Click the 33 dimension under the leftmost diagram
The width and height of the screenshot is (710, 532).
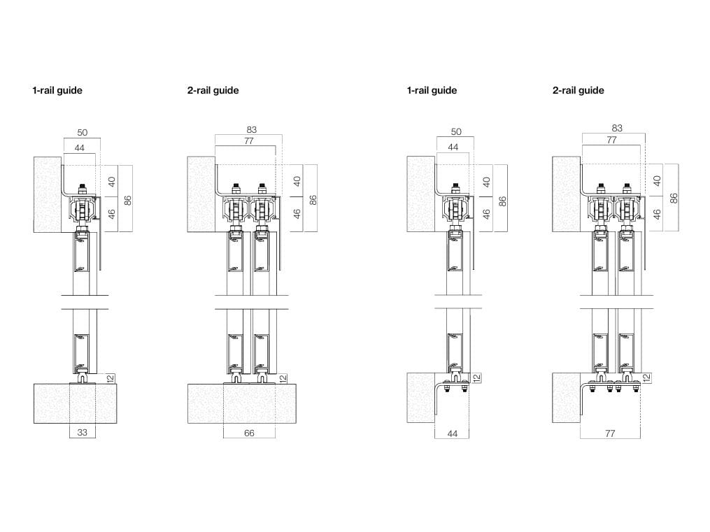(82, 433)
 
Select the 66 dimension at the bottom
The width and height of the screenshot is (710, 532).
(249, 433)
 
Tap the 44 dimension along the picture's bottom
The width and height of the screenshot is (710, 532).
(452, 433)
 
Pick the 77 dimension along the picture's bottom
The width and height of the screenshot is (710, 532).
(609, 433)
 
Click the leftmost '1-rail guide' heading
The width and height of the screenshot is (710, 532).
(57, 90)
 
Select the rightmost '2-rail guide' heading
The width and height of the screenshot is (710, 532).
(578, 90)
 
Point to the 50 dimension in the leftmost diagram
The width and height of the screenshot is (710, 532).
(81, 131)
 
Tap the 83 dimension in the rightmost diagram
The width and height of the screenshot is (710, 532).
(616, 128)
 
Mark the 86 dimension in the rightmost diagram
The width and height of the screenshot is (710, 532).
(674, 198)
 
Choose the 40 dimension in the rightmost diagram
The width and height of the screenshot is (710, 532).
(657, 180)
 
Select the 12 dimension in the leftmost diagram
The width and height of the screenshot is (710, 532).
(110, 378)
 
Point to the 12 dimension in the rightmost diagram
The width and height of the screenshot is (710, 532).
(646, 378)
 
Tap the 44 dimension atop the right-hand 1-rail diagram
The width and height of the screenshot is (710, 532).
(453, 147)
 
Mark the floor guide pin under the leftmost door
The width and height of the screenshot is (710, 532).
(83, 379)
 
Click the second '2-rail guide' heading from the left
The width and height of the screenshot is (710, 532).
(213, 90)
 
